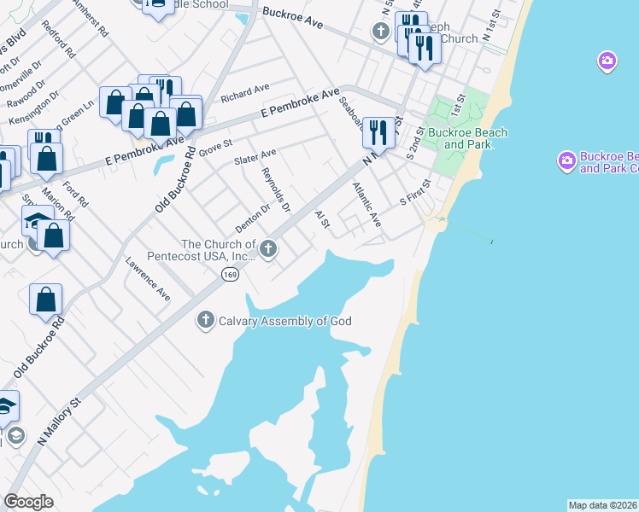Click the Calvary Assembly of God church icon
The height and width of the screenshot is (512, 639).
(x=205, y=321)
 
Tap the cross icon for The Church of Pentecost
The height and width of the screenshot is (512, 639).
(x=268, y=249)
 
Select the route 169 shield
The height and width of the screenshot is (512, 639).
(x=229, y=274)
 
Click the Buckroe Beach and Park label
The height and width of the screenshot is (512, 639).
(x=467, y=138)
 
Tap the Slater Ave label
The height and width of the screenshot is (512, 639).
(x=255, y=157)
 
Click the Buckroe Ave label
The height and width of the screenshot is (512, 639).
(x=293, y=19)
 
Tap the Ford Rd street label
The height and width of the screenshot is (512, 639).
(x=75, y=194)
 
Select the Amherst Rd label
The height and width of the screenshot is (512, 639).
(x=93, y=17)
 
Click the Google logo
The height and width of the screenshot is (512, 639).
(x=28, y=501)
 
